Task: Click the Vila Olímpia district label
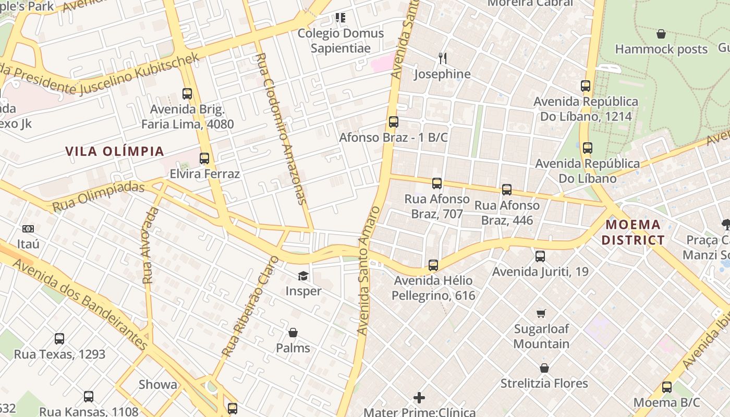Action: click(115, 152)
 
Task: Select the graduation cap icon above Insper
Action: click(303, 276)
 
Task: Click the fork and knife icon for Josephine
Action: click(442, 58)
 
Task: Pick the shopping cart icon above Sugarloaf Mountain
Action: click(541, 313)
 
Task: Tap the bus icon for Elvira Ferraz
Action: click(204, 158)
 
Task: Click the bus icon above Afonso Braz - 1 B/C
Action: click(394, 122)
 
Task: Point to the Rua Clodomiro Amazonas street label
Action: click(282, 128)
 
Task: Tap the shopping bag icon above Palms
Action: click(293, 333)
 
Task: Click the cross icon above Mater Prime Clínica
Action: click(419, 398)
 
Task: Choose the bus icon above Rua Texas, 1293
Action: click(59, 339)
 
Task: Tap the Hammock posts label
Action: click(661, 49)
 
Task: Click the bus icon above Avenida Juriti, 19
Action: click(540, 256)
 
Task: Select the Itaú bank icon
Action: click(28, 229)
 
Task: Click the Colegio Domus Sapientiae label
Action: click(340, 41)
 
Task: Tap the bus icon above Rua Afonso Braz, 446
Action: click(507, 190)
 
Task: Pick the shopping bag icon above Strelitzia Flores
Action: click(544, 368)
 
